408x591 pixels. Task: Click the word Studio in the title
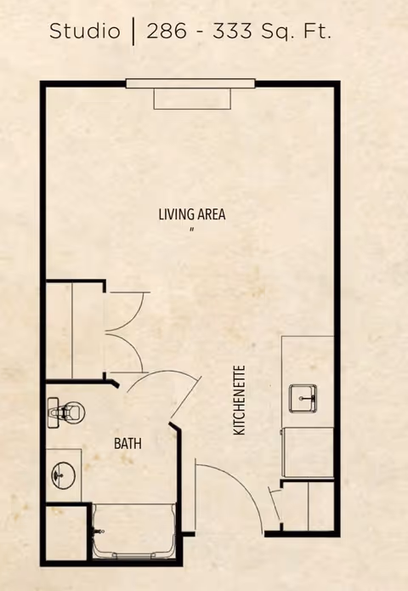tap(85, 31)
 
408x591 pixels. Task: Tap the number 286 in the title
tap(167, 31)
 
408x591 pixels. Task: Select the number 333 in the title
tap(232, 31)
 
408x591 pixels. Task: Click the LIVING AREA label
tap(192, 214)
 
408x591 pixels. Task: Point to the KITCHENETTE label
tap(240, 401)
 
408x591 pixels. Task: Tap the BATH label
tap(127, 444)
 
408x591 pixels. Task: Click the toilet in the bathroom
tap(66, 412)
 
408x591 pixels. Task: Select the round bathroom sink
tap(63, 475)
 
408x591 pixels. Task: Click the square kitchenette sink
tap(303, 399)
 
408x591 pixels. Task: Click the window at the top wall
tap(190, 83)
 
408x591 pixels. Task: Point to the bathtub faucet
tap(99, 531)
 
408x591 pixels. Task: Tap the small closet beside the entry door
tap(308, 506)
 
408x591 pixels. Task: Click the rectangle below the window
tap(192, 99)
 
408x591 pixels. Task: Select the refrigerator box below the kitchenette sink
tap(308, 452)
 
